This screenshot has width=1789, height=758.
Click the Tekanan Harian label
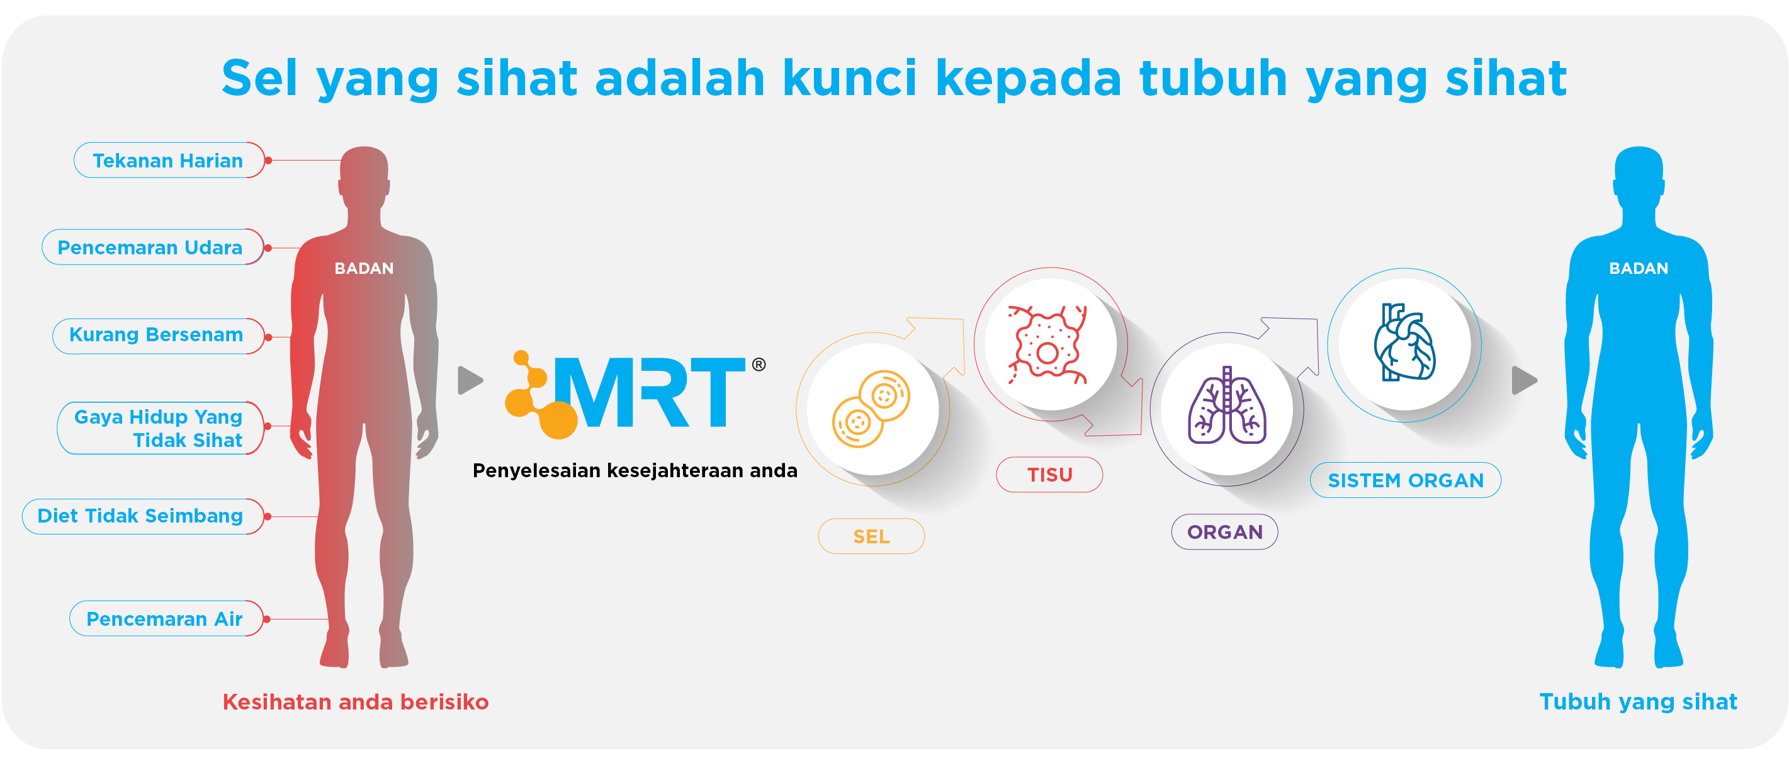point(169,161)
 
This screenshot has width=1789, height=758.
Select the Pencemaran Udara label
point(153,247)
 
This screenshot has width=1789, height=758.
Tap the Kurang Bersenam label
point(159,336)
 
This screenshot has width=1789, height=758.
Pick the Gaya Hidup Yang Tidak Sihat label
point(161,428)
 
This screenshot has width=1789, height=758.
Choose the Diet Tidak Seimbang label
point(143,516)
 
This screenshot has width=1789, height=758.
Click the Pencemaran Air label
point(167,618)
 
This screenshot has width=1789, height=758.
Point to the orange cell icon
point(871,409)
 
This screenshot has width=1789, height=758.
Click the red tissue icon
point(1048,344)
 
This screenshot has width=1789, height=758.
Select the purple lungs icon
point(1227,405)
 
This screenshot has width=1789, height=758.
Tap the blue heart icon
point(1404,342)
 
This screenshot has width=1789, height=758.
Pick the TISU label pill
point(1049,475)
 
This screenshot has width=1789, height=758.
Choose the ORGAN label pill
point(1225,532)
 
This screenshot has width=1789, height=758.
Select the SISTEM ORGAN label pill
point(1406,480)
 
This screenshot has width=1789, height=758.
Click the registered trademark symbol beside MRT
point(759,365)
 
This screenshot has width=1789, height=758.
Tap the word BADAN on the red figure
point(364,268)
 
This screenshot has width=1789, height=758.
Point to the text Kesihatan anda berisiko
point(356,702)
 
